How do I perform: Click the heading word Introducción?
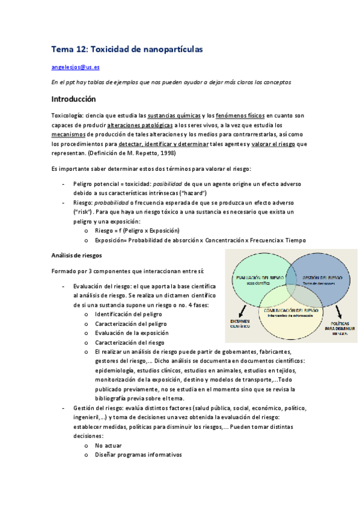click(x=74, y=98)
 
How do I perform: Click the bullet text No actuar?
click(x=108, y=445)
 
